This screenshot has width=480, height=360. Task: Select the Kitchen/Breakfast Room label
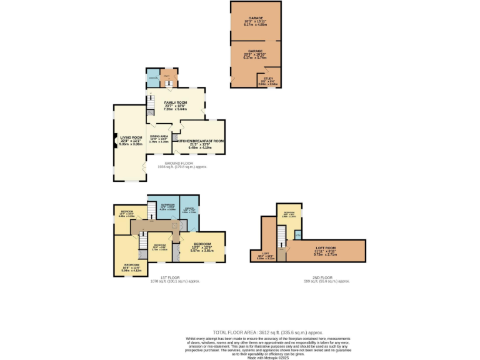[x=201, y=141]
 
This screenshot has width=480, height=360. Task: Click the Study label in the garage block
[x=268, y=79]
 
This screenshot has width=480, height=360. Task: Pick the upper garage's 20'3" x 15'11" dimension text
[x=255, y=24]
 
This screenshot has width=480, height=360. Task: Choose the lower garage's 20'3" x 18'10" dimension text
[x=255, y=57]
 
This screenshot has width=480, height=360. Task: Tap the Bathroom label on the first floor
[x=167, y=205]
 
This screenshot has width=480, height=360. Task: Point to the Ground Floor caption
[x=182, y=163]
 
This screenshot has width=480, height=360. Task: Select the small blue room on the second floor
[x=297, y=234]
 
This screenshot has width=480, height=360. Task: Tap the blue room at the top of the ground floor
[x=153, y=78]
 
